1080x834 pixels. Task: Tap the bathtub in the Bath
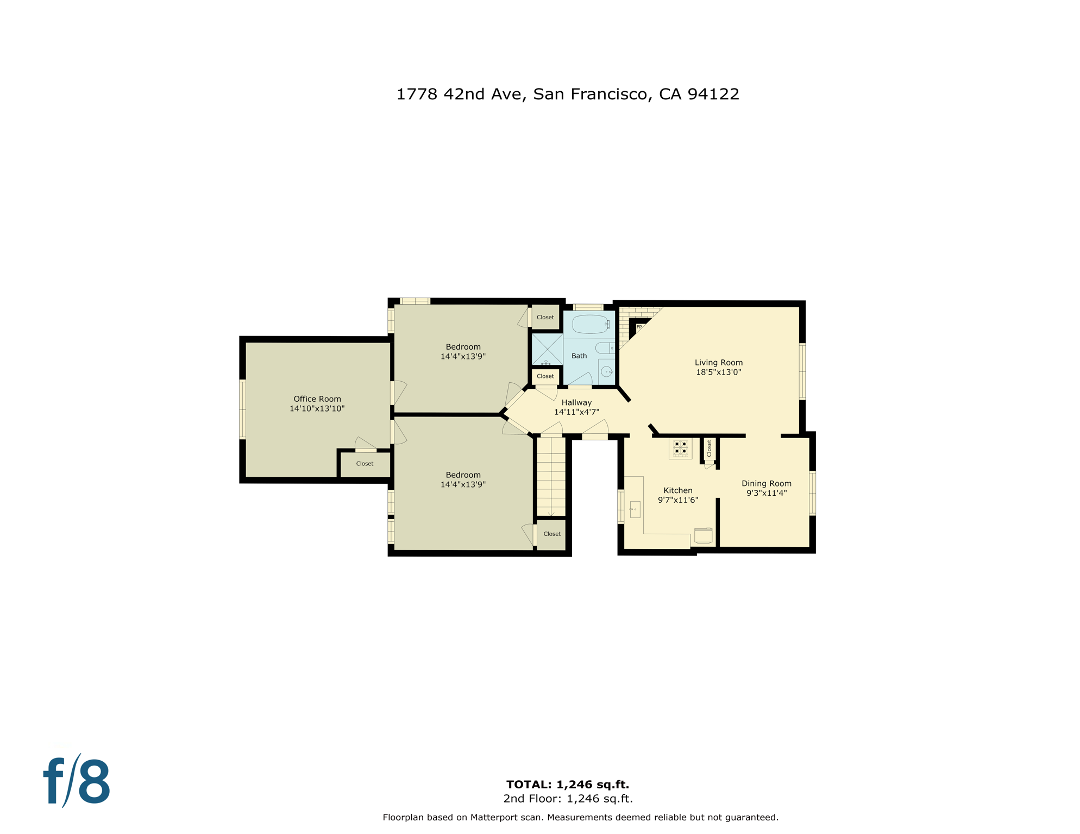pyautogui.click(x=590, y=324)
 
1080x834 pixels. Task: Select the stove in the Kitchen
pyautogui.click(x=680, y=448)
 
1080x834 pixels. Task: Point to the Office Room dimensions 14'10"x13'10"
pyautogui.click(x=317, y=408)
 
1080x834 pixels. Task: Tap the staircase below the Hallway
pyautogui.click(x=551, y=477)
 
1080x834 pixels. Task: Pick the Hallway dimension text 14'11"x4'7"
pyautogui.click(x=576, y=412)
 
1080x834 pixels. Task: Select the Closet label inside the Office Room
pyautogui.click(x=365, y=464)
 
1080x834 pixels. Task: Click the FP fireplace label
pyautogui.click(x=639, y=327)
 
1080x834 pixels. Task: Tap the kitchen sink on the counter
pyautogui.click(x=635, y=509)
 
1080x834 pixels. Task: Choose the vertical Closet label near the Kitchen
pyautogui.click(x=709, y=448)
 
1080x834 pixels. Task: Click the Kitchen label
pyautogui.click(x=677, y=490)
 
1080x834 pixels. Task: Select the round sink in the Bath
pyautogui.click(x=606, y=372)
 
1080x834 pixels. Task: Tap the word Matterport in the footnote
pyautogui.click(x=494, y=817)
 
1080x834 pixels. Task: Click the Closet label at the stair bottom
pyautogui.click(x=552, y=534)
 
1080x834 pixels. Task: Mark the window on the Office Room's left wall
pyautogui.click(x=243, y=409)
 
